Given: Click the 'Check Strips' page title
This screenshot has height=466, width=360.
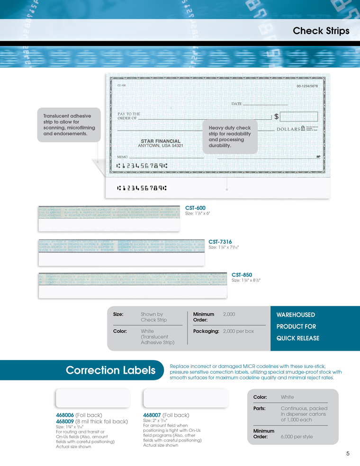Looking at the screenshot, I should pos(321,31).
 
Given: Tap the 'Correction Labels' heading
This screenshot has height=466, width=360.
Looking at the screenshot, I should pos(110,370).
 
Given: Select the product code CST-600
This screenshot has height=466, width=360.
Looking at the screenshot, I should pos(195,208).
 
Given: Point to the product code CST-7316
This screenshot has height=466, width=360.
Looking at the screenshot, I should pos(220,242).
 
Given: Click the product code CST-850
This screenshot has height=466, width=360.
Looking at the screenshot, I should pos(242,275).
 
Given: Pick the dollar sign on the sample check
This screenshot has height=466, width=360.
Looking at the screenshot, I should pos(276,116).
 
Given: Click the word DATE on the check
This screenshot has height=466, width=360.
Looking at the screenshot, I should pos(236,104).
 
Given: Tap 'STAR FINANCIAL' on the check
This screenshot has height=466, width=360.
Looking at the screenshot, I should pos(161,141).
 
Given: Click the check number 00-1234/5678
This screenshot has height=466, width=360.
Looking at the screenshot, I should pos(307,86).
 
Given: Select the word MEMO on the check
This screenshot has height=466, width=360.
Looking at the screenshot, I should pos(122,156).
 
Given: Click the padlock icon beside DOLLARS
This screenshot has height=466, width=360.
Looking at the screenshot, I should pos(303,129).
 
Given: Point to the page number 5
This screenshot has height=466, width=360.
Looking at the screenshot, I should pos(348,454).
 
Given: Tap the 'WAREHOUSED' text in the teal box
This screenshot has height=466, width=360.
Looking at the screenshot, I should pos(296,314).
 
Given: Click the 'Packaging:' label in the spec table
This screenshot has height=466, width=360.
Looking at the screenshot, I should pos(206,331).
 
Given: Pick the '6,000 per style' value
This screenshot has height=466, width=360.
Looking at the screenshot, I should pos(297,437).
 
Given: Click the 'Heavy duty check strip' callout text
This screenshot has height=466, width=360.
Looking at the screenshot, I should pos(230,136).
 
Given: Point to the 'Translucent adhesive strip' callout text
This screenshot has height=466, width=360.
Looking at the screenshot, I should pos(69,125).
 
